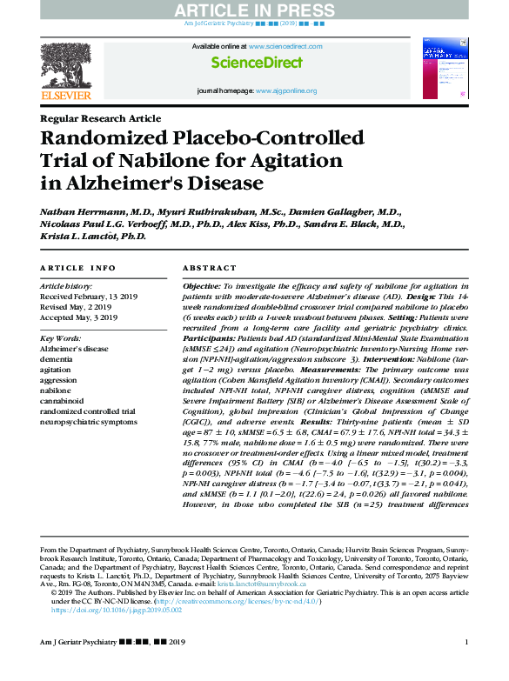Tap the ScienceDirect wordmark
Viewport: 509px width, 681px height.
[x=257, y=63]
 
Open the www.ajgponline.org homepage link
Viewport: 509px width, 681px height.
[x=285, y=90]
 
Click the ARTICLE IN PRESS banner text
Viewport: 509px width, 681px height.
[x=255, y=10]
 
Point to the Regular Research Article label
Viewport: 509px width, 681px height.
[x=100, y=118]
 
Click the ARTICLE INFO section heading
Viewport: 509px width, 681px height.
[x=77, y=269]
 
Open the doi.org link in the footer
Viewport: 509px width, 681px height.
[x=117, y=610]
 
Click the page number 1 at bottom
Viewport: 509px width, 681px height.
[x=466, y=667]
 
